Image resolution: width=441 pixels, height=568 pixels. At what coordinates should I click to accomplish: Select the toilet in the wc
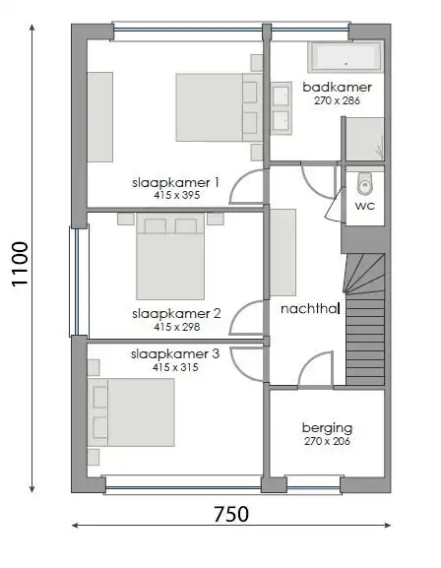tap(365, 183)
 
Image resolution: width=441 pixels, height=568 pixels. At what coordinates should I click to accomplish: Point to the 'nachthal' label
tap(309, 308)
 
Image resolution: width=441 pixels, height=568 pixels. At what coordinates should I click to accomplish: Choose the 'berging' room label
tap(327, 428)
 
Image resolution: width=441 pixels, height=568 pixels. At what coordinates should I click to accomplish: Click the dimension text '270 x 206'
tap(327, 442)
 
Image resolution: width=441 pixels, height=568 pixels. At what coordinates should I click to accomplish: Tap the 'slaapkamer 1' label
tap(175, 182)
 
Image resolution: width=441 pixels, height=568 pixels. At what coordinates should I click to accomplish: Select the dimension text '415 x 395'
tap(175, 196)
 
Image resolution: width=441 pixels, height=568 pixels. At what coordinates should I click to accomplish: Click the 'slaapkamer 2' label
tap(175, 314)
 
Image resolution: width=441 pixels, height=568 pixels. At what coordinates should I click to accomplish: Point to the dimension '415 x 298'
tap(175, 328)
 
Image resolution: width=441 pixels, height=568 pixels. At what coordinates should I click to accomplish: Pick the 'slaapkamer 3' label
tap(175, 353)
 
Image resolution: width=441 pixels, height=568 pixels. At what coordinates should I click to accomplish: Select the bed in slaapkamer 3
tap(133, 413)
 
